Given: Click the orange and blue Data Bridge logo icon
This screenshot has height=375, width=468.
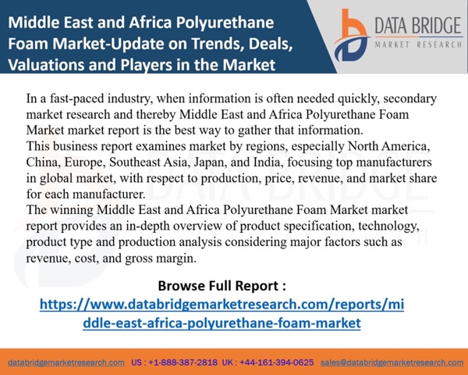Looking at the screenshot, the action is pos(351,35).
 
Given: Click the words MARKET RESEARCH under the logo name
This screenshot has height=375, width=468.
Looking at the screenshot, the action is pos(418,45).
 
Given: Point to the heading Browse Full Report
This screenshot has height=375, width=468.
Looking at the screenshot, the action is pos(222,286).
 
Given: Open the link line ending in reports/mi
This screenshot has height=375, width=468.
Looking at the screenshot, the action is pos(222,304).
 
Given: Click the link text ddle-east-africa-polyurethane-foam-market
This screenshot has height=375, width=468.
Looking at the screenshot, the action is pos(222,323).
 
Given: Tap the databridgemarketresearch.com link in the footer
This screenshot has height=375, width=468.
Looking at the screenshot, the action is pos(66,362).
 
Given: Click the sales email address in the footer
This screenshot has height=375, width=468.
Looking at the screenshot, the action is pos(392,362).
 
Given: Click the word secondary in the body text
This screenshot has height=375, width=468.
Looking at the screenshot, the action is pos(409,99).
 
